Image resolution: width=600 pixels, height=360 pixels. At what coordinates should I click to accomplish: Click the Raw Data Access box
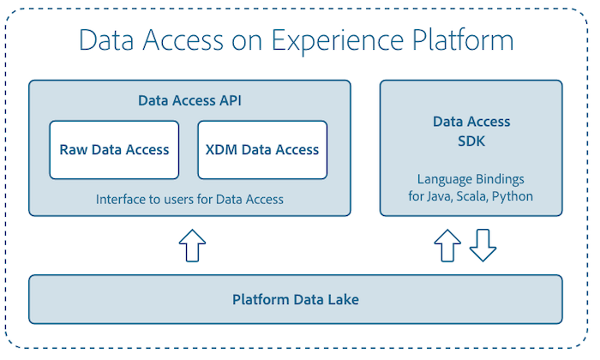tap(114, 150)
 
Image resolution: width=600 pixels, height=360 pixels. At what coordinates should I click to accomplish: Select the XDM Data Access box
tap(262, 150)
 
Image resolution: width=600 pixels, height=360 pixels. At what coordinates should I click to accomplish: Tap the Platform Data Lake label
tap(296, 300)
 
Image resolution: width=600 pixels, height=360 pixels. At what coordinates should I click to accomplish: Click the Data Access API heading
tap(189, 100)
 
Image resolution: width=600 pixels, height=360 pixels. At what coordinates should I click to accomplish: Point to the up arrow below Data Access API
tap(192, 245)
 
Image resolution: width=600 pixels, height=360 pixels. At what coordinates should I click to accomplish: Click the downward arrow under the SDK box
tap(483, 245)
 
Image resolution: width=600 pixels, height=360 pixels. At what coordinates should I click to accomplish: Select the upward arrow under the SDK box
tap(447, 245)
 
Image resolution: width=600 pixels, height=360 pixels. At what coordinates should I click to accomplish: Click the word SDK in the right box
tap(471, 140)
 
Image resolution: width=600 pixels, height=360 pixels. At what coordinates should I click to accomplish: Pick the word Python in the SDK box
tap(514, 196)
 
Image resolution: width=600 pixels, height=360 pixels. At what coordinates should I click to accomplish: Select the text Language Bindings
tap(471, 180)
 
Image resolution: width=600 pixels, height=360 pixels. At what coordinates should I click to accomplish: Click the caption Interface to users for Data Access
tap(189, 199)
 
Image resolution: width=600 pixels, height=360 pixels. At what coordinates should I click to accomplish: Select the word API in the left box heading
tap(230, 100)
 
